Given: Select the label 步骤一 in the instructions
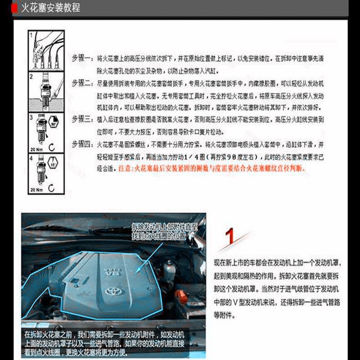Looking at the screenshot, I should [81, 57].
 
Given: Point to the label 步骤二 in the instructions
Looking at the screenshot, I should [81, 83].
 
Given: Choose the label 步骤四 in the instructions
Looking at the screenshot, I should [81, 144].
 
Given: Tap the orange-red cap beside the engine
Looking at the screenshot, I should [180, 293].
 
